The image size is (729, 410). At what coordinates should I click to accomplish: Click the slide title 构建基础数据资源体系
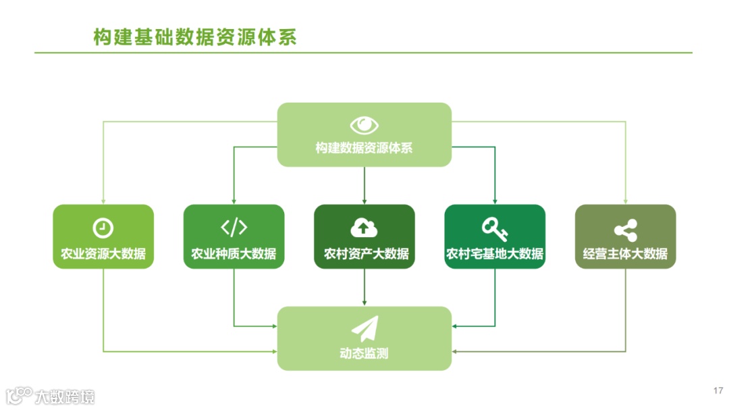(x=195, y=37)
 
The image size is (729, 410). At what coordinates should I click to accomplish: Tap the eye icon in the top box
(x=364, y=126)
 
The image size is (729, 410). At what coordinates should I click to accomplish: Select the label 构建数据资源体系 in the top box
(x=364, y=148)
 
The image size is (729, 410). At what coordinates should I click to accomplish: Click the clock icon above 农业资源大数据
(x=103, y=228)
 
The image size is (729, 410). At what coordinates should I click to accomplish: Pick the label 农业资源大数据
(x=103, y=254)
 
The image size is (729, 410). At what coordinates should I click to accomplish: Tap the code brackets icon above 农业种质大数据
(x=234, y=228)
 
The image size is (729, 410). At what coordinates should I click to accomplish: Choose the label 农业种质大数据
(x=234, y=254)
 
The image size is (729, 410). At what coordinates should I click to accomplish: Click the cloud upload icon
(x=364, y=228)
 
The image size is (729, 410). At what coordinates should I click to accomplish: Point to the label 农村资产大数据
(x=364, y=254)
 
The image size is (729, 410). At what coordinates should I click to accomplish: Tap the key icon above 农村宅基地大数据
(x=494, y=228)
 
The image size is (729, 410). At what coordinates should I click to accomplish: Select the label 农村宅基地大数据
(x=495, y=254)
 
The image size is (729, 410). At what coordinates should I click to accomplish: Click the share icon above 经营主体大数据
(x=625, y=230)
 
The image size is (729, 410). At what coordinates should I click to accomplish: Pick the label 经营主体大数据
(x=625, y=254)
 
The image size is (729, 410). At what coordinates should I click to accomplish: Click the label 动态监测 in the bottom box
(x=364, y=353)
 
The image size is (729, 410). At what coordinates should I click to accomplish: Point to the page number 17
(x=718, y=390)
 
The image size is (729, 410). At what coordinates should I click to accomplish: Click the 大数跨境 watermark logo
(x=51, y=396)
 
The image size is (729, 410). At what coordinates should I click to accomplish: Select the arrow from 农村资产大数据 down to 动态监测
(x=364, y=287)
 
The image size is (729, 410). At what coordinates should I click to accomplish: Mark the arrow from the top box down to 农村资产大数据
(x=364, y=185)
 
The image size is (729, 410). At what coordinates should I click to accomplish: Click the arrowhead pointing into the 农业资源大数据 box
(x=103, y=201)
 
